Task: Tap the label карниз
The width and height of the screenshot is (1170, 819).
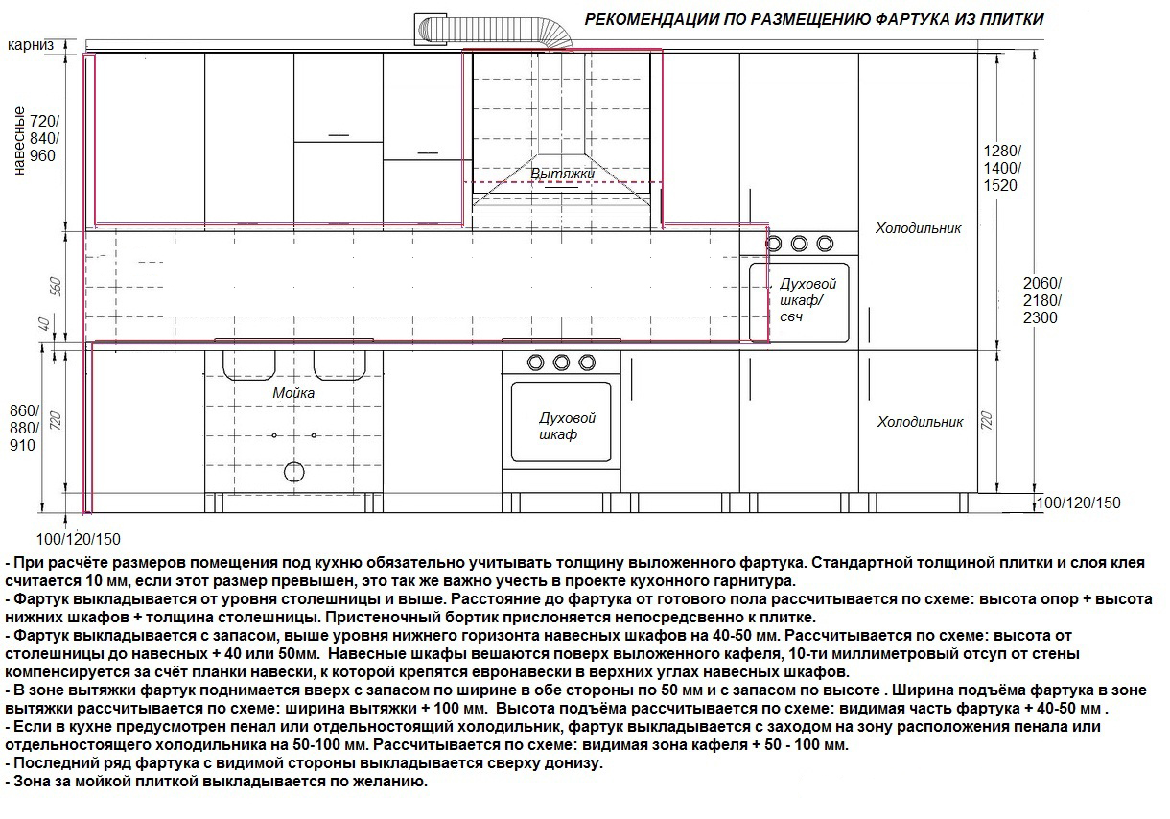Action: point(31,45)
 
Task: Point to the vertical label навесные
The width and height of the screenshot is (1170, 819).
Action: point(18,142)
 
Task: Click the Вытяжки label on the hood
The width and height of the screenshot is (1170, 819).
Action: point(563,174)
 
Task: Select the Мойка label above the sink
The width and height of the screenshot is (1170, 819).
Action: point(292,393)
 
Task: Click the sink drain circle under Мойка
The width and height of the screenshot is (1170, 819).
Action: point(293,472)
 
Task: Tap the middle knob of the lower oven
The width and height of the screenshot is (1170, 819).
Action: point(561,362)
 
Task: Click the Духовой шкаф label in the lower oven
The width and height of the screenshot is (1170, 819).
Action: point(568,427)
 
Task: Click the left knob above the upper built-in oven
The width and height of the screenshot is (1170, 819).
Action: point(776,243)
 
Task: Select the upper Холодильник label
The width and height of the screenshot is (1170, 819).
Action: point(918,228)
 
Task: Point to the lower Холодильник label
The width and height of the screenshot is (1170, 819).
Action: point(920,422)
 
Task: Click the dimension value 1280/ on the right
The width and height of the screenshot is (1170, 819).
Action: point(1003,152)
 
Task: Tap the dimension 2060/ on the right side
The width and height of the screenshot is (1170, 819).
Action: point(1041,283)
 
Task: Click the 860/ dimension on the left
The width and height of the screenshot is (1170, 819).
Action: point(22,410)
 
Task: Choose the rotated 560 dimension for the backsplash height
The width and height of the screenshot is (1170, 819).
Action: point(55,287)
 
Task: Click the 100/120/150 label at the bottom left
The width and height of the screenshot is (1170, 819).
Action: point(80,539)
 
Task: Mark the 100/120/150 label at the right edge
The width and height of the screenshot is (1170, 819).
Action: point(1079,503)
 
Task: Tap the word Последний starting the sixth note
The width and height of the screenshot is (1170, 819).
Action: point(47,763)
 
